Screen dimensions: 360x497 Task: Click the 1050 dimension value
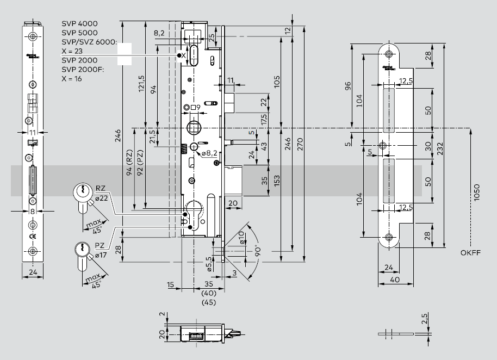[477, 193]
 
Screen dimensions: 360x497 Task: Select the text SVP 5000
[79, 33]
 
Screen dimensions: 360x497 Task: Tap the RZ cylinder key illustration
[82, 194]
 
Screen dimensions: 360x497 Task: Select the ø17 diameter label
[101, 255]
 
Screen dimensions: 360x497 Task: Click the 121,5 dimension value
[141, 83]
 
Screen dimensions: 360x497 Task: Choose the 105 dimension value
[277, 82]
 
